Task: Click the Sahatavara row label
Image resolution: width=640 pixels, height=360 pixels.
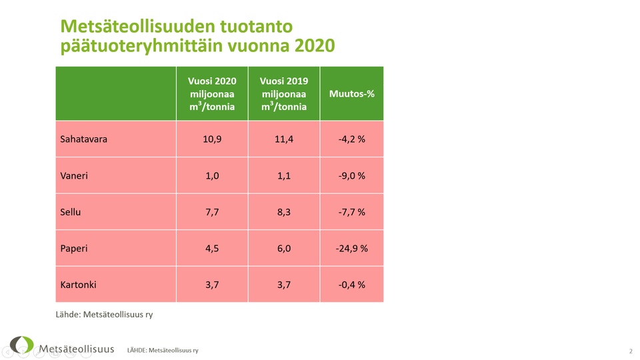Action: [x=83, y=139]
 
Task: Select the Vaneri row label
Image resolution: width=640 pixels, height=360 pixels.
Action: [x=74, y=176]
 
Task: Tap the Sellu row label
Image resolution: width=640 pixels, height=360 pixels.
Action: [x=71, y=212]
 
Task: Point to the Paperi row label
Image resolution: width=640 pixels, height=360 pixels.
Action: [x=74, y=249]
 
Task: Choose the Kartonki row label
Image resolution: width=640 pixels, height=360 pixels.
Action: [x=78, y=285]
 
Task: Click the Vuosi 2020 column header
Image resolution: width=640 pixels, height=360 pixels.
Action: [x=212, y=93]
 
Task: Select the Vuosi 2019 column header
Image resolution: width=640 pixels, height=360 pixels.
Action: [x=284, y=93]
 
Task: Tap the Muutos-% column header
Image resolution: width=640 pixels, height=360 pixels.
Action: [x=352, y=93]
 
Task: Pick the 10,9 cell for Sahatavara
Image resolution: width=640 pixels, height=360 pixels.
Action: [x=212, y=139]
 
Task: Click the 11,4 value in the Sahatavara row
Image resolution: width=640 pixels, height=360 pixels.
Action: [x=284, y=139]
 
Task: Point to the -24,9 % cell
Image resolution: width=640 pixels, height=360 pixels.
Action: [x=352, y=249]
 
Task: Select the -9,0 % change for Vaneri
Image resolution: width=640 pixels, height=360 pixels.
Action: [x=352, y=176]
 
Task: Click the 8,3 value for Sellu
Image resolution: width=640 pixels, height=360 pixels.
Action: [x=284, y=212]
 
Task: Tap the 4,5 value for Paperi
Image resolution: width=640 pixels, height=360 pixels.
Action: [x=212, y=249]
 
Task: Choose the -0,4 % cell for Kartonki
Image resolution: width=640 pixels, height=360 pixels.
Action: [x=352, y=285]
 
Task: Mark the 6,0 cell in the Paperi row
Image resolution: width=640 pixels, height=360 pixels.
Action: [x=284, y=249]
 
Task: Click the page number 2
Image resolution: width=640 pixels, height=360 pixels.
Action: [x=630, y=351]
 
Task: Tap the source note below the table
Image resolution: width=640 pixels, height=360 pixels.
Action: [x=104, y=314]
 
